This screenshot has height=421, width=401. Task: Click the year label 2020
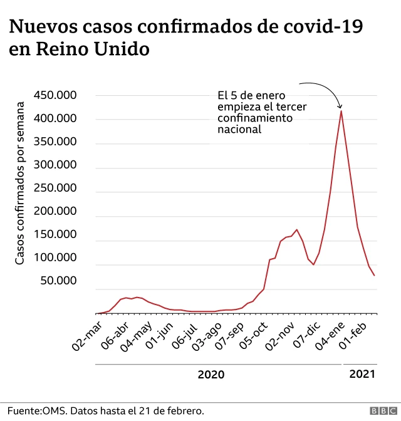pyautogui.click(x=211, y=375)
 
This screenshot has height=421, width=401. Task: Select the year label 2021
pyautogui.click(x=362, y=374)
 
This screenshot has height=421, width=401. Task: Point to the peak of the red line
pyautogui.click(x=341, y=111)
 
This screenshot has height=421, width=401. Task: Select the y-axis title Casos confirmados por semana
pyautogui.click(x=19, y=185)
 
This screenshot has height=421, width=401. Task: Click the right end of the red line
pyautogui.click(x=375, y=276)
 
